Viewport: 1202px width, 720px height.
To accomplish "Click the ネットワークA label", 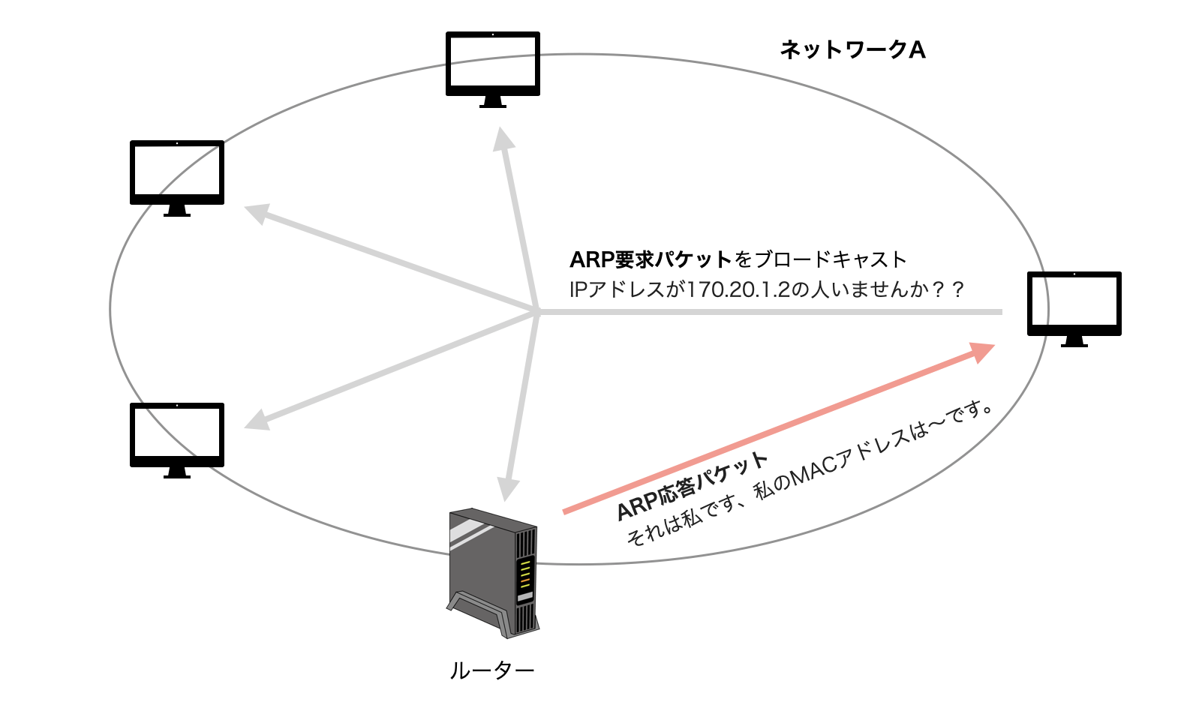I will (x=852, y=49).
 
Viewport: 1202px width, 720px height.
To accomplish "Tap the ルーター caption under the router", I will (x=491, y=670).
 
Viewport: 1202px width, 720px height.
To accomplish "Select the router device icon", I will (x=493, y=573).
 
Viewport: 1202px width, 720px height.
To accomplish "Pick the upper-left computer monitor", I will (x=177, y=174).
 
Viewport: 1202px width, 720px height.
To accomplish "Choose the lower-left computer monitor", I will (x=177, y=436).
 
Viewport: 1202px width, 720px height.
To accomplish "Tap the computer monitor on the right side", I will (x=1074, y=304).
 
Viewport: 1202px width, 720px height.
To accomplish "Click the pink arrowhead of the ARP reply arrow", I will (x=982, y=351).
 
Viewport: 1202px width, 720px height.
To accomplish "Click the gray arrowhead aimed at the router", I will (x=508, y=489).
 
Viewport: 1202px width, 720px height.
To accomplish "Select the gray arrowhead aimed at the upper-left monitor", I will (x=257, y=213).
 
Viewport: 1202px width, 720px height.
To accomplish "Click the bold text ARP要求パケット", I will (x=651, y=259).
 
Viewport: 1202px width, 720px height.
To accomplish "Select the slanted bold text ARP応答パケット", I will (x=692, y=486).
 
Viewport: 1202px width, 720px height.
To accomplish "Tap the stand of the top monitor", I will (x=492, y=102).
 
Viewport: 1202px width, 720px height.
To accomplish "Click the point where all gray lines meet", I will (x=537, y=311).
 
